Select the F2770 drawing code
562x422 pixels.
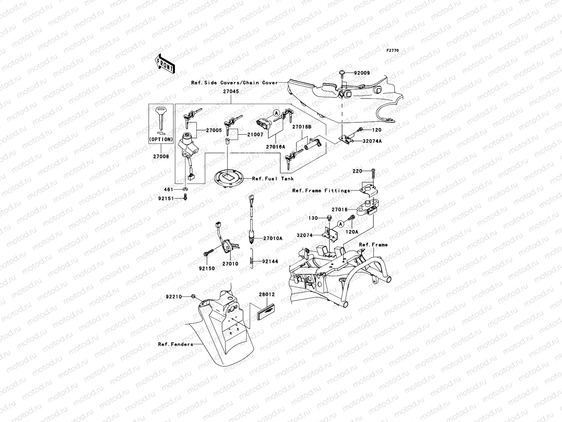point(393,51)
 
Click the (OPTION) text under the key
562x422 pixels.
point(161,139)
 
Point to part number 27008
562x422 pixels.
point(161,156)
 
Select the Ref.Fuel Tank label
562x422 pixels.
point(273,179)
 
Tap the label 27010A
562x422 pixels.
point(273,238)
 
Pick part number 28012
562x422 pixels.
point(267,294)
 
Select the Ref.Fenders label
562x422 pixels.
point(176,344)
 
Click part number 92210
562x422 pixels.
point(174,297)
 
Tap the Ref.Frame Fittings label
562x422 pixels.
point(321,191)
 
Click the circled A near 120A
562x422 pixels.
point(340,224)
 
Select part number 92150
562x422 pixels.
point(207,268)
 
